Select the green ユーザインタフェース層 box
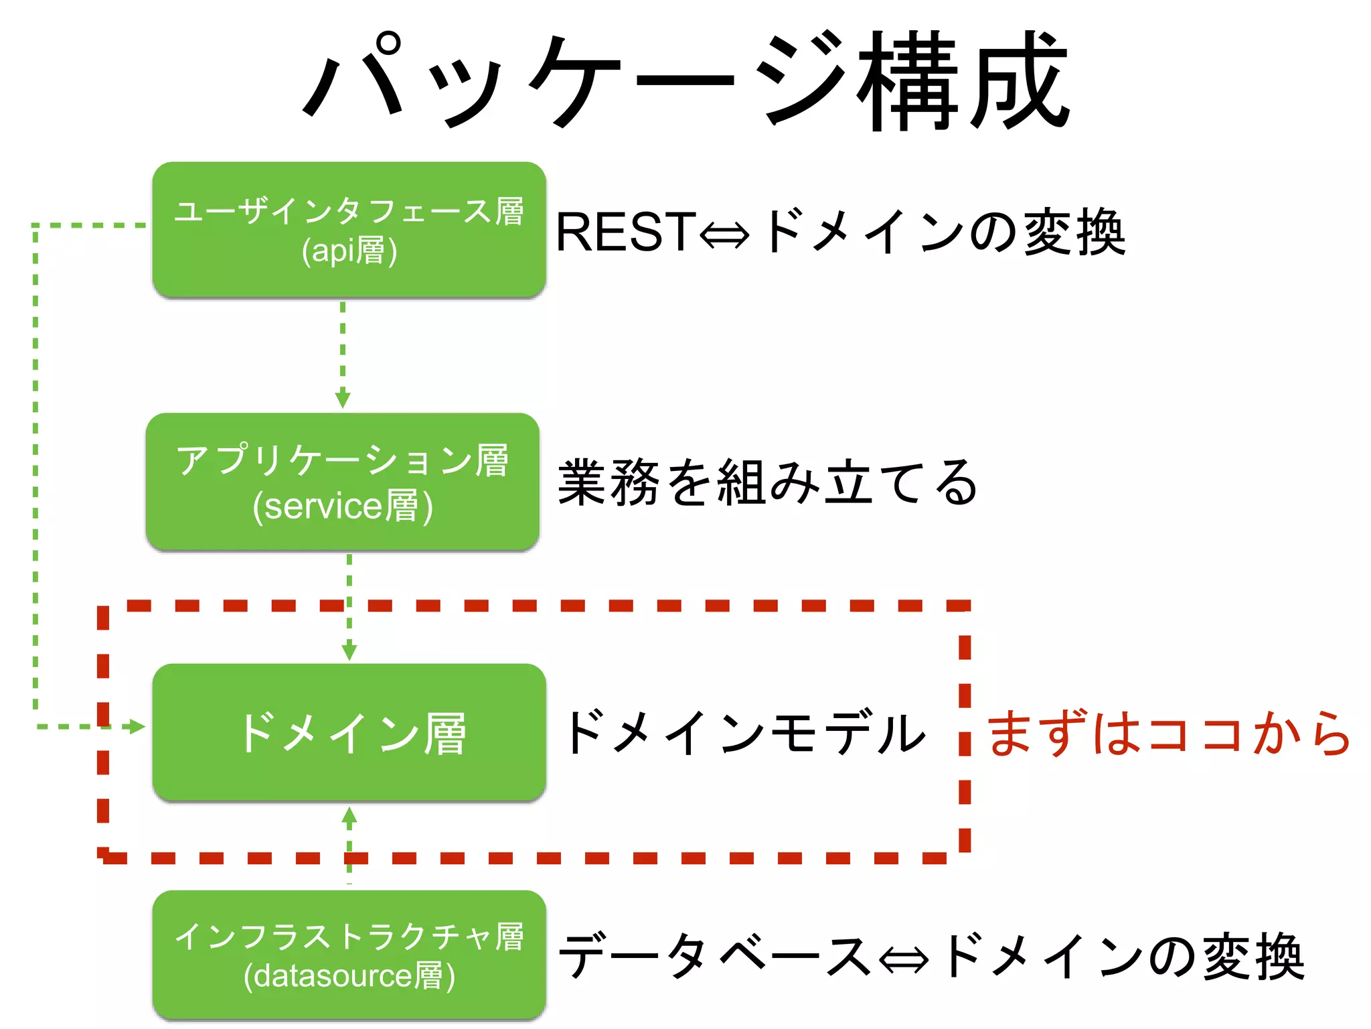349,229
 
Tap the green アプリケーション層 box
342,481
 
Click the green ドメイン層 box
349,732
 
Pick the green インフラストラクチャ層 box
349,954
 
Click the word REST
625,232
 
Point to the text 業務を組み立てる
767,482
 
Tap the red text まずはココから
1168,733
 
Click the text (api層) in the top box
349,251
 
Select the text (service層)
342,506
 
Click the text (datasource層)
349,976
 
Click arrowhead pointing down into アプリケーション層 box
342,399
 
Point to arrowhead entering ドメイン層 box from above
349,651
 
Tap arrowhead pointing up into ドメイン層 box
349,815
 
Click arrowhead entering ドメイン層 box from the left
137,726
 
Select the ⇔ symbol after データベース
904,959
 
